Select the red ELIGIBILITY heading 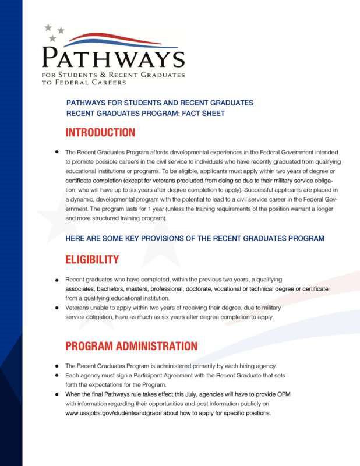92,259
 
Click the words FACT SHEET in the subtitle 204,113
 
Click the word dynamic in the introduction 80,199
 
